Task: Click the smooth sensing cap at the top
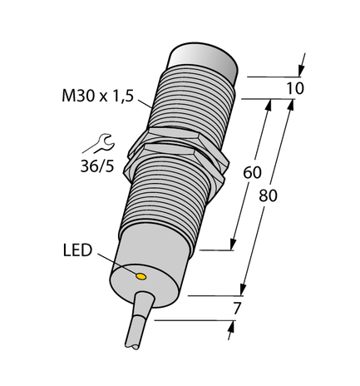205,62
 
